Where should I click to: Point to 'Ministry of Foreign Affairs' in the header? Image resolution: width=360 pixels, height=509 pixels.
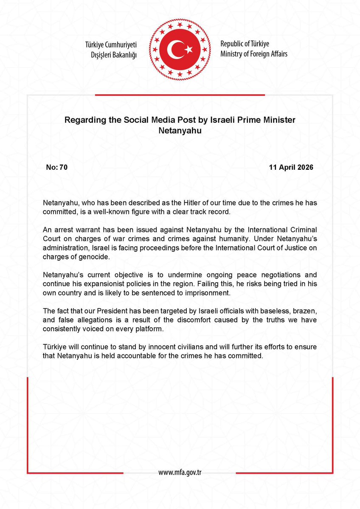pos(254,54)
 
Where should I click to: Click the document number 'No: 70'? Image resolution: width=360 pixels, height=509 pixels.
pos(56,167)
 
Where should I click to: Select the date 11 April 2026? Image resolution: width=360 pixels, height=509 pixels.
pos(291,167)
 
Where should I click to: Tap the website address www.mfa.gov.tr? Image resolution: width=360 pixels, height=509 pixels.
pos(180,472)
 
